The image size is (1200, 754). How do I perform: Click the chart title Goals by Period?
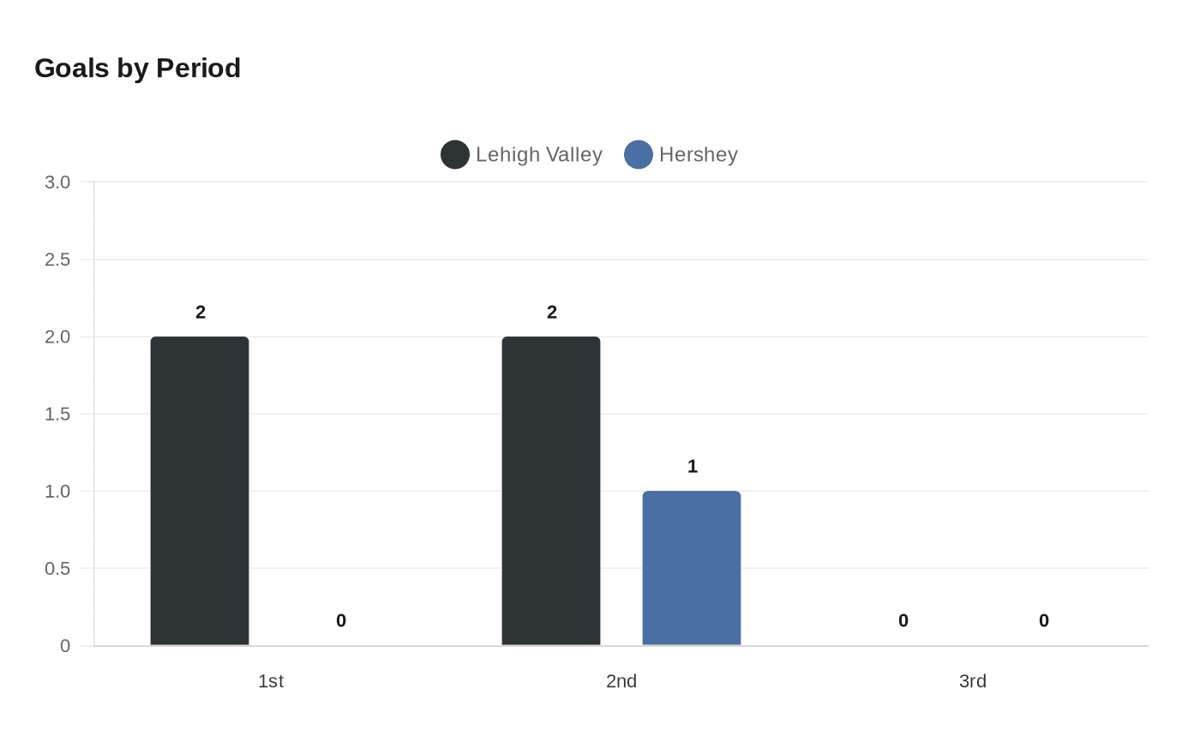coord(137,68)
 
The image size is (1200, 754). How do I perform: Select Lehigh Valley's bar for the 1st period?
coord(200,491)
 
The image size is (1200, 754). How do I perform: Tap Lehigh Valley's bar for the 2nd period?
coord(551,491)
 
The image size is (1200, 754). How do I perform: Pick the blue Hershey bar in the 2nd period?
coord(692,568)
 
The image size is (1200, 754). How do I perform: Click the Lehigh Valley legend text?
coord(539,154)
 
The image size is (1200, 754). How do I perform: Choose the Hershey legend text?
coord(699,154)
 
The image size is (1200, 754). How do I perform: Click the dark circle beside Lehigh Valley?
coord(455,154)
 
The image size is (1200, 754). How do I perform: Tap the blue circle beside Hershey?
coord(639,154)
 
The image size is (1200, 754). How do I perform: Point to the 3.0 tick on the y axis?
coord(57,182)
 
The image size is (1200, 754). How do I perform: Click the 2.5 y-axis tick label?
coord(57,260)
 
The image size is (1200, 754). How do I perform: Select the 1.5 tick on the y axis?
coord(57,414)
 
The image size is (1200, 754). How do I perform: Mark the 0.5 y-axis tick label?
coord(57,568)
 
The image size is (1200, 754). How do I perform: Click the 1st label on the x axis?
coord(271,681)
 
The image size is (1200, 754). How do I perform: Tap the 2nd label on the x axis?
coord(621,681)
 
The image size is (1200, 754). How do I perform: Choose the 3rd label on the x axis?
coord(973,681)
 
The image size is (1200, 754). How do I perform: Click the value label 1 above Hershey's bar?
coord(693,466)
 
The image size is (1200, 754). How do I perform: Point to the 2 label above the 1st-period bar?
coord(201,312)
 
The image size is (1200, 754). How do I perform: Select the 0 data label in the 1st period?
coord(341,620)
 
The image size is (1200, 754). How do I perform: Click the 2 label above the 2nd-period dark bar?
coord(552,312)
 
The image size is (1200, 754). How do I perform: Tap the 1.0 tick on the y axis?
coord(57,491)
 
